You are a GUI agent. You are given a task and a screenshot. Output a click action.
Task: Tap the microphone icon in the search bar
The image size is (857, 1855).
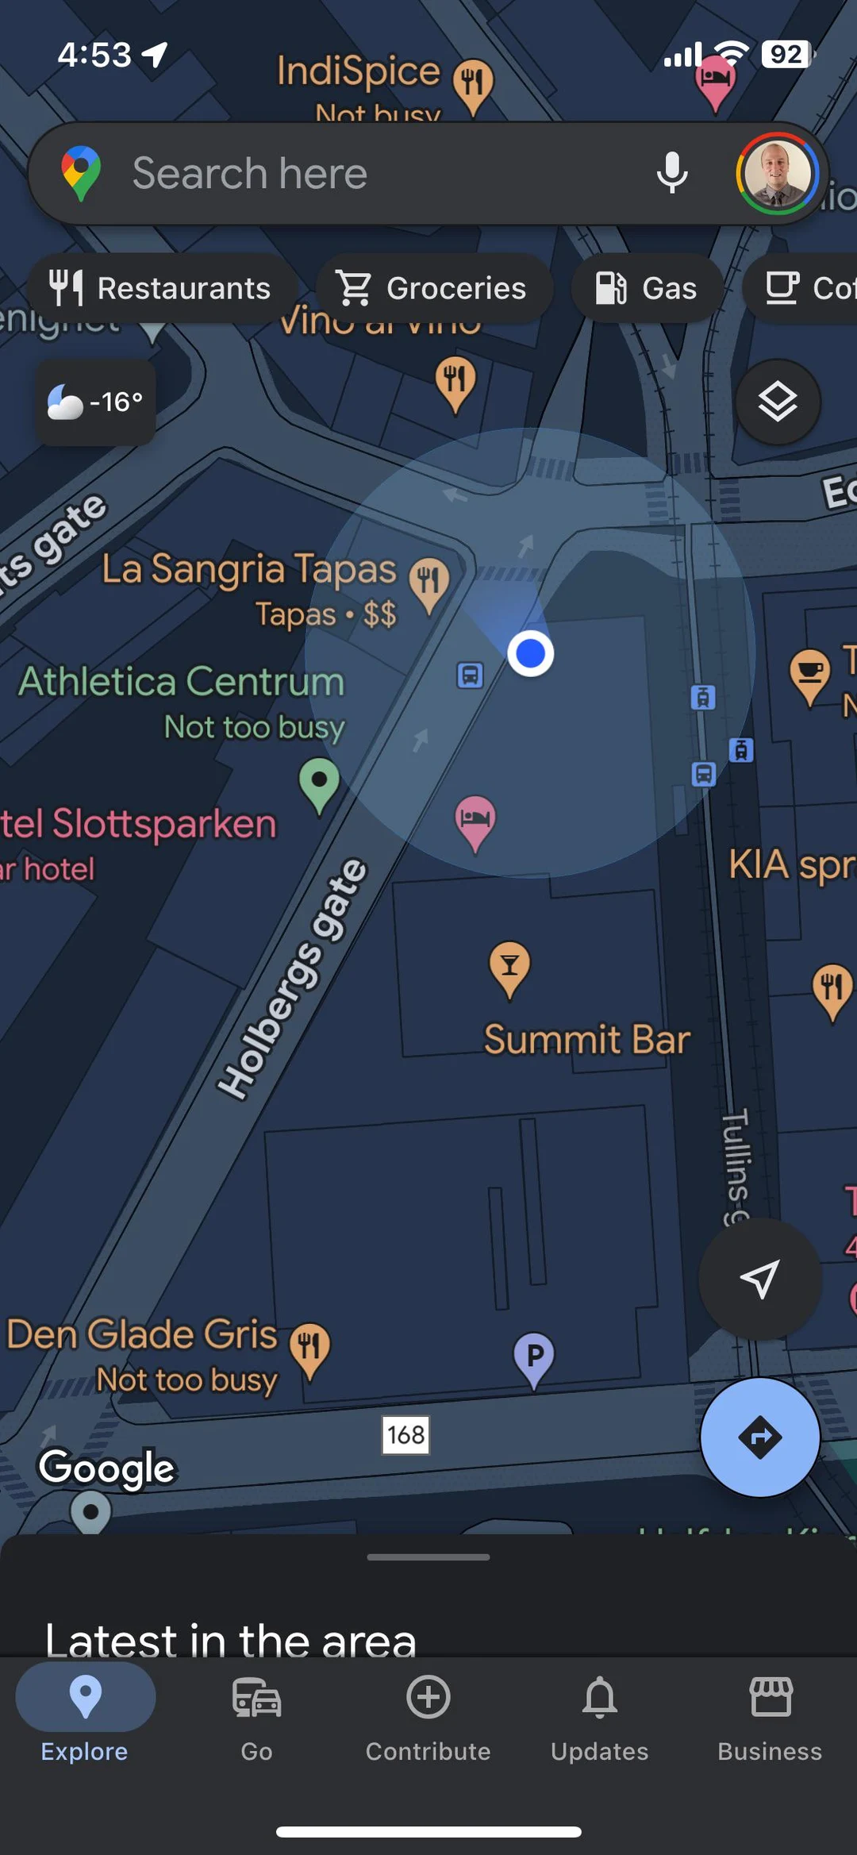click(x=671, y=172)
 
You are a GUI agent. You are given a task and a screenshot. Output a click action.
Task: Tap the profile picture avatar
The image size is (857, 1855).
click(x=777, y=173)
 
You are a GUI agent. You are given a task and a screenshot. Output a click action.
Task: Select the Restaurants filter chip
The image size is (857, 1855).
click(x=162, y=288)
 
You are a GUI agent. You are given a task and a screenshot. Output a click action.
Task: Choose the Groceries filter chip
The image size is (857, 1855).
click(x=433, y=288)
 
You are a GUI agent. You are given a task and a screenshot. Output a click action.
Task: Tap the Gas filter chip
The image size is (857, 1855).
click(x=647, y=288)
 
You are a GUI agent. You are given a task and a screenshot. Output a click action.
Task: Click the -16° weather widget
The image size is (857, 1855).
click(x=95, y=402)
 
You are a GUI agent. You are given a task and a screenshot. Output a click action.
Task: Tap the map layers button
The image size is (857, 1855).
click(x=777, y=402)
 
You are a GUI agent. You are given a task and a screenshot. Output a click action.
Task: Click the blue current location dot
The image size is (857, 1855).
click(x=530, y=653)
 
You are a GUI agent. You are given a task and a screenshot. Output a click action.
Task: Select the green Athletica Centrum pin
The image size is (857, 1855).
click(x=319, y=783)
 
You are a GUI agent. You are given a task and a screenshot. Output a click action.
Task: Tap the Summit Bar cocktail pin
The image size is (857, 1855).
click(x=509, y=966)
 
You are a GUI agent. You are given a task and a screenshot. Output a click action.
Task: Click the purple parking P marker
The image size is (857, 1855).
click(x=534, y=1357)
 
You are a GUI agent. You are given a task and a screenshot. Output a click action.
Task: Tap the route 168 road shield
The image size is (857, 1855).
click(x=405, y=1434)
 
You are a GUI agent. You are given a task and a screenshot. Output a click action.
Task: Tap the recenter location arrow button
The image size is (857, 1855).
click(x=759, y=1279)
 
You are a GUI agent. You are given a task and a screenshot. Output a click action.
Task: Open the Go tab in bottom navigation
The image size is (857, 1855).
click(x=256, y=1715)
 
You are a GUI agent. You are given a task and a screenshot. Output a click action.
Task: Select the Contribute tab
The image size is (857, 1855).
click(x=428, y=1715)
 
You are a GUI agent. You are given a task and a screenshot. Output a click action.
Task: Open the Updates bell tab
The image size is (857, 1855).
click(x=600, y=1715)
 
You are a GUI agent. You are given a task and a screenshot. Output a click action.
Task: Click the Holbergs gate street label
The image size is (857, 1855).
click(x=294, y=980)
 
